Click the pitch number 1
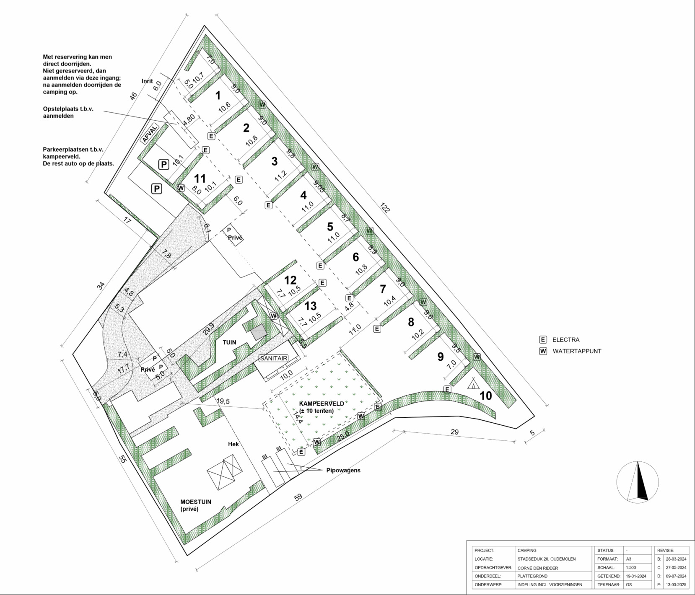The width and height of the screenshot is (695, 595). pos(218,96)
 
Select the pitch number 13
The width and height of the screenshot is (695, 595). pos(310,306)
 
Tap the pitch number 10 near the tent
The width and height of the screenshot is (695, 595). pos(485,396)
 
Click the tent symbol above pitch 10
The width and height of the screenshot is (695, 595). pos(474,383)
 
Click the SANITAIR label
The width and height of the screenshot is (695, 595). pos(274,358)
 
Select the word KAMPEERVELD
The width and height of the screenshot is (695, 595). pos(322,404)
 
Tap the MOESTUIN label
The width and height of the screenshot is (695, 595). pos(196,502)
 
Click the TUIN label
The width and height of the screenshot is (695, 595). pos(229,342)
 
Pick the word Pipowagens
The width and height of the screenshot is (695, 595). pos(343,470)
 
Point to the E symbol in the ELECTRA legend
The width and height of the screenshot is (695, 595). pos(543,340)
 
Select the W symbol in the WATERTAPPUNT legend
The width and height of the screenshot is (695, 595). pos(543,351)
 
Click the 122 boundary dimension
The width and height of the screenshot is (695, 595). pos(384,208)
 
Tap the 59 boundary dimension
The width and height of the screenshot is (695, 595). pos(298,497)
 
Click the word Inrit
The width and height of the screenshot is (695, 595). pos(147,81)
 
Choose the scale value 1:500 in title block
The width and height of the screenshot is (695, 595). pos(631,568)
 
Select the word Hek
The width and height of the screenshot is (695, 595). pos(233,444)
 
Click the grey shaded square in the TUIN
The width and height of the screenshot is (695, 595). pos(259,332)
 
